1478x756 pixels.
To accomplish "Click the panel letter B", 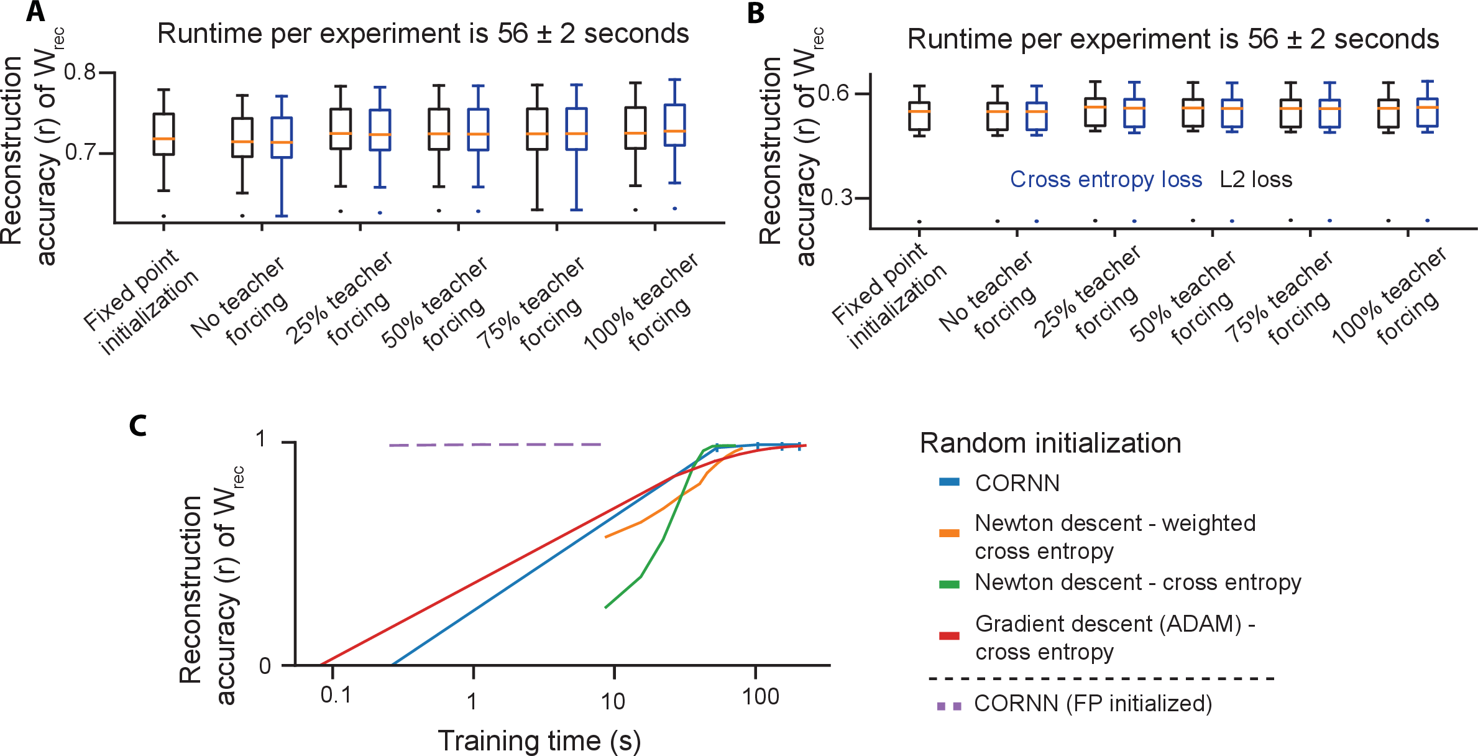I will [x=756, y=13].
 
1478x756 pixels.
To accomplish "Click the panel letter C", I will [x=137, y=426].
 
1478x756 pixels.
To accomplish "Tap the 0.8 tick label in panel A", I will [x=80, y=72].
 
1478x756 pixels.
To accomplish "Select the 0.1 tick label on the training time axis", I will [x=336, y=695].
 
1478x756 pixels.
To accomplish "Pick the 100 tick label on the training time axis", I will [x=760, y=696].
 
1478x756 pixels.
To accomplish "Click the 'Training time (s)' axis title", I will [x=539, y=740].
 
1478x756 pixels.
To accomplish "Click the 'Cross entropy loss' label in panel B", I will [x=1106, y=180].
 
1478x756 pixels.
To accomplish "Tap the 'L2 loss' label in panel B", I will [x=1255, y=180].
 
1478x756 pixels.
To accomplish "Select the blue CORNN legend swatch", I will [x=949, y=482].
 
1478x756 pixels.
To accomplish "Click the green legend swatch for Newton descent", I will [x=949, y=584].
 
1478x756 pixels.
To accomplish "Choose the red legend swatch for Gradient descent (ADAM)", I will [x=949, y=635].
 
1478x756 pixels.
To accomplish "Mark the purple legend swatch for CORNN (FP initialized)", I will [x=949, y=706].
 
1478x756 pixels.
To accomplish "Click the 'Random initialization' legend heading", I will [x=1050, y=443].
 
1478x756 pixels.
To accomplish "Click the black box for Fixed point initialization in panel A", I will [x=163, y=134].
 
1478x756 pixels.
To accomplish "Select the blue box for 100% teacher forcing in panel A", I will [x=674, y=124].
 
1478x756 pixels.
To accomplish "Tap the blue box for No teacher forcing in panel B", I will [x=1036, y=116].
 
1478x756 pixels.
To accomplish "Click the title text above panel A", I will [x=423, y=34].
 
